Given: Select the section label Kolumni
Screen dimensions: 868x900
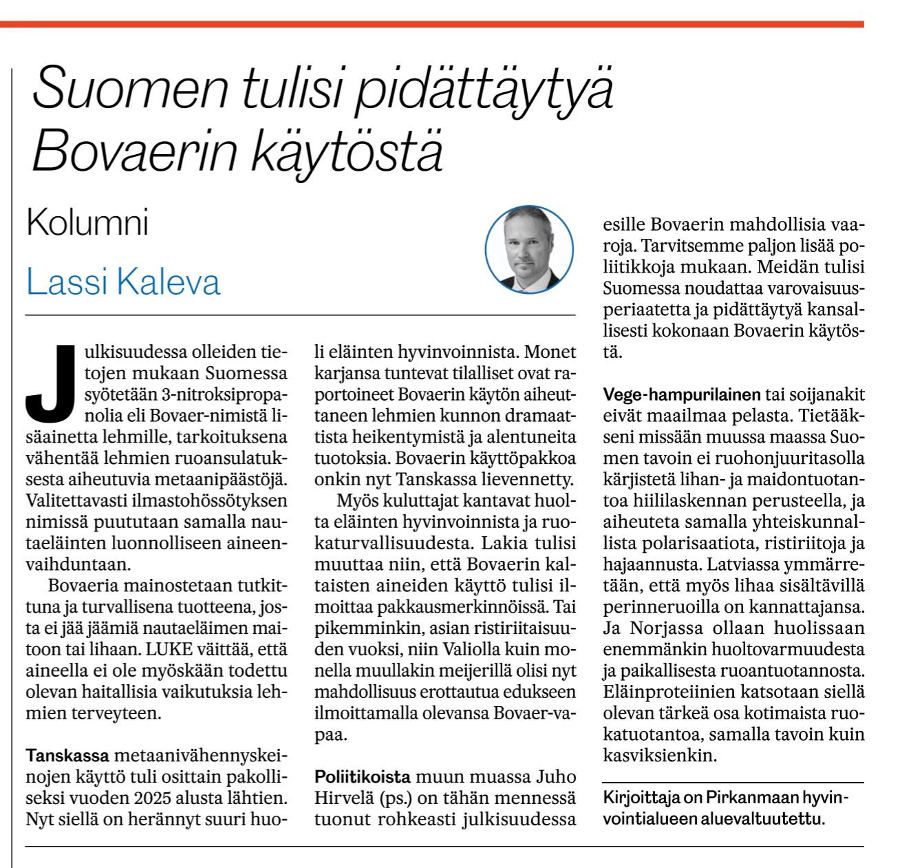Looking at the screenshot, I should [x=87, y=223].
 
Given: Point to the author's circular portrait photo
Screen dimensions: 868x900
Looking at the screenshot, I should [x=528, y=248].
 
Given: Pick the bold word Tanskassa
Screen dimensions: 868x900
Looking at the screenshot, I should [x=67, y=756].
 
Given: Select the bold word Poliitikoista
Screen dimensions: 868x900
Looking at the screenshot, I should [x=363, y=777].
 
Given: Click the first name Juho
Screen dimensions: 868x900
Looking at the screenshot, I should [x=555, y=777].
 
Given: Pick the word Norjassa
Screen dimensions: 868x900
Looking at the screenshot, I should [x=658, y=629].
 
